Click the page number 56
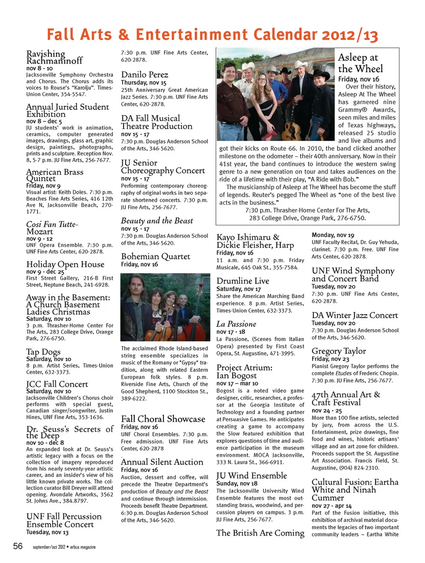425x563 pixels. pos(18,546)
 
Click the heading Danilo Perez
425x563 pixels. pos(144,74)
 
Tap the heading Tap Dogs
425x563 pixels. pos(43,352)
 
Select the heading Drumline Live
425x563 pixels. pos(243,281)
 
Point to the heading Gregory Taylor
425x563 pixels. pos(339,351)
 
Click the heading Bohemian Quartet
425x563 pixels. pos(155,256)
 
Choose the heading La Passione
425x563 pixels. pos(236,324)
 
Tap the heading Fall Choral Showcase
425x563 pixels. pos(163,419)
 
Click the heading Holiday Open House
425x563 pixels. pos(65,264)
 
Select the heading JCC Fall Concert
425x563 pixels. pos(57,384)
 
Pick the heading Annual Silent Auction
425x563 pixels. pos(162,462)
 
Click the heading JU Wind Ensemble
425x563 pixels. pos(251,475)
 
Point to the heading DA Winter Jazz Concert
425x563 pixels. pos(355,315)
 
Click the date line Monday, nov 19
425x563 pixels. pos(333,235)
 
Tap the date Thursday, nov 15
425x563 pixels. pos(143,83)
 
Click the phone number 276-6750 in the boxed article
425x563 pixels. pos(352,218)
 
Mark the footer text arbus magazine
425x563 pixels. pos(83,547)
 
